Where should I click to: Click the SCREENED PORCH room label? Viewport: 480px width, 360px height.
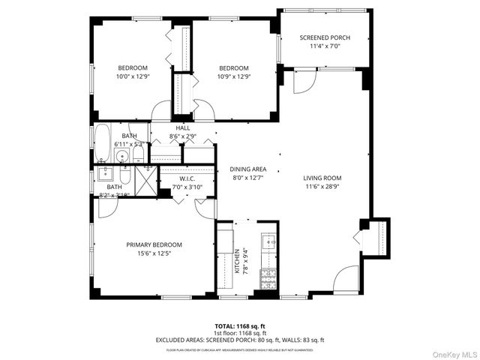coord(324,37)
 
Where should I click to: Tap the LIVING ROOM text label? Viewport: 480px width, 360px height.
coord(322,178)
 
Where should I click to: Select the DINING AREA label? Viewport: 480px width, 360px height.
coord(247,169)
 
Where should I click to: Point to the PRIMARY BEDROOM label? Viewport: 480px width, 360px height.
coord(154,244)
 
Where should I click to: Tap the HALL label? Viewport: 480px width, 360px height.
coord(183,128)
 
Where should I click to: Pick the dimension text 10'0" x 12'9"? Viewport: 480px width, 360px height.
coord(132,76)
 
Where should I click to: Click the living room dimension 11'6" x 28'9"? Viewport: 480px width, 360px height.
coord(322,187)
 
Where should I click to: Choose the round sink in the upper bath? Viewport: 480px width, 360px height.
coord(122,157)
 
